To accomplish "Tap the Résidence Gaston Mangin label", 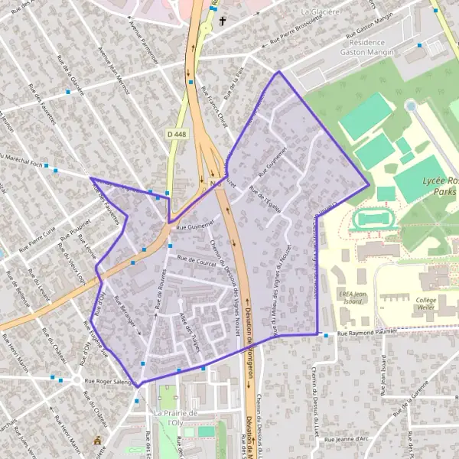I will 373,47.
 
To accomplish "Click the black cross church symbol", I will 223,21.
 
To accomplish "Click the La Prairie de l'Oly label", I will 176,418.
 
